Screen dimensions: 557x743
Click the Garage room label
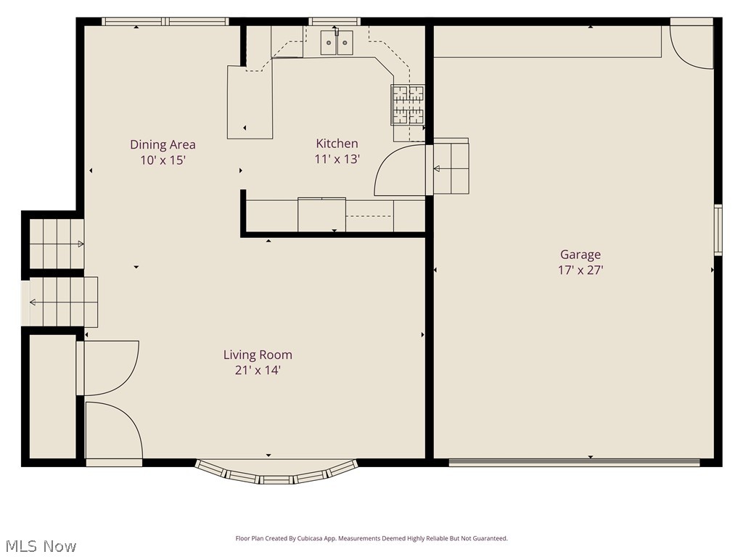(580, 255)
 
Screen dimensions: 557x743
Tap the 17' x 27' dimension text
(580, 270)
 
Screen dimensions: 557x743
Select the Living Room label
(258, 355)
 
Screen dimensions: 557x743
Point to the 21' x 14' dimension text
(258, 370)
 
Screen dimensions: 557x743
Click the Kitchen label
(337, 144)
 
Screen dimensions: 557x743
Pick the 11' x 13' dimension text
(337, 159)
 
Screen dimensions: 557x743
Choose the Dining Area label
(163, 144)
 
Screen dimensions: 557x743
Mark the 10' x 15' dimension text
(163, 160)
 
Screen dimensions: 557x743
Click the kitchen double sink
(337, 43)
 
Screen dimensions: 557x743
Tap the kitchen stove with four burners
(408, 104)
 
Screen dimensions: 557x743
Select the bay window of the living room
(276, 474)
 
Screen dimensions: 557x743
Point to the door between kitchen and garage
(401, 171)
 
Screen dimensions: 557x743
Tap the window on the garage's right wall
(718, 230)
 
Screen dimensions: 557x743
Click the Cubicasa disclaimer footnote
(371, 539)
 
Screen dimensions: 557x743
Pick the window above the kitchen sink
(334, 22)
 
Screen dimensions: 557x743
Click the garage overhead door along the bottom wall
(574, 462)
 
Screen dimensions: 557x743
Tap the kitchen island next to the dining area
(250, 102)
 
